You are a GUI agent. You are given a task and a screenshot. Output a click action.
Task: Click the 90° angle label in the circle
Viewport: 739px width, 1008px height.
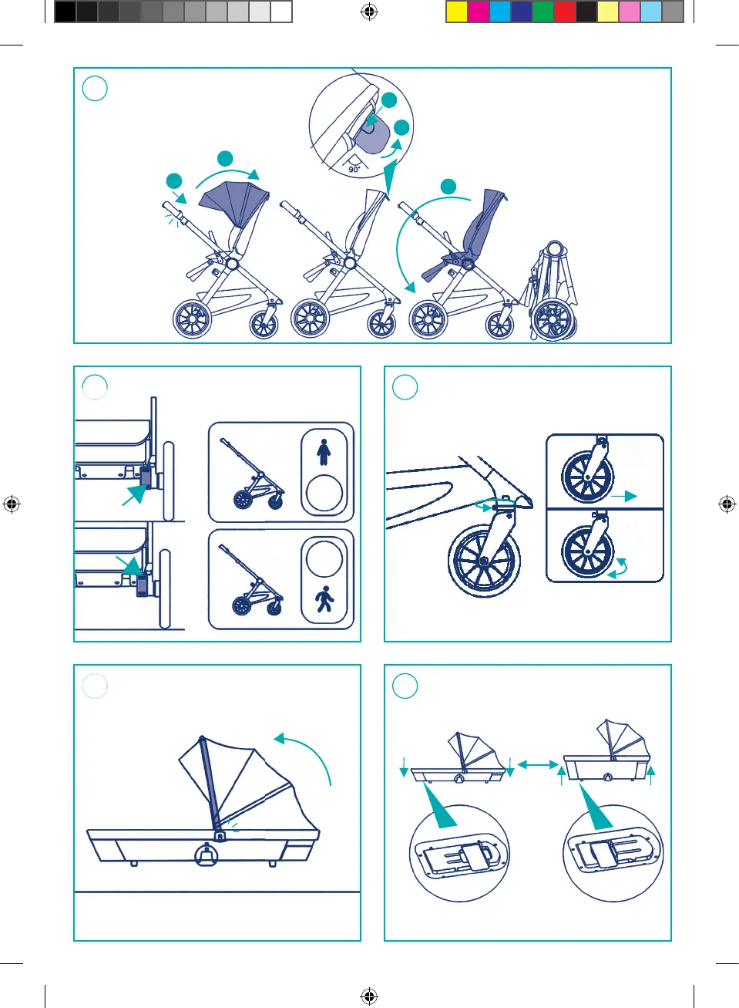pos(354,169)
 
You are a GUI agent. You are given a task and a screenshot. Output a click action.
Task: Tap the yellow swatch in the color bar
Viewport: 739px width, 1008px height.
pos(457,12)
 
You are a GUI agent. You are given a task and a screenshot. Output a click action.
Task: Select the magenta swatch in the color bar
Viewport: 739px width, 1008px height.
pos(479,12)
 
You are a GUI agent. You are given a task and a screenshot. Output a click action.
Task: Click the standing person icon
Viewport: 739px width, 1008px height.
pos(324,452)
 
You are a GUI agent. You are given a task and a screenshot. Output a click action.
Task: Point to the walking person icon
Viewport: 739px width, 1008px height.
pos(324,599)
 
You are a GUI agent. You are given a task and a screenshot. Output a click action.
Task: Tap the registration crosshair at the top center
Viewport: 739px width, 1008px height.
pos(369,12)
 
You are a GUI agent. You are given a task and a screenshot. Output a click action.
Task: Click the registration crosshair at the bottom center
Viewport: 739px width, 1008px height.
pos(369,996)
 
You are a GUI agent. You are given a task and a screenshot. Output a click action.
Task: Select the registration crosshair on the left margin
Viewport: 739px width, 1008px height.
pos(12,504)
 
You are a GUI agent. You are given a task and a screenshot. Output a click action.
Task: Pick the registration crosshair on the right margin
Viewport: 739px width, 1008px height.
pos(727,504)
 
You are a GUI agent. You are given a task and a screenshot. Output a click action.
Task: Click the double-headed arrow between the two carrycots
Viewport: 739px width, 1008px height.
pos(538,764)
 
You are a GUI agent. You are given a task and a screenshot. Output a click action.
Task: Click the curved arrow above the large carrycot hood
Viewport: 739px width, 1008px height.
pos(312,750)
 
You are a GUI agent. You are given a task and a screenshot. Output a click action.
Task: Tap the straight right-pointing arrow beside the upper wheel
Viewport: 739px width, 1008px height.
pos(624,496)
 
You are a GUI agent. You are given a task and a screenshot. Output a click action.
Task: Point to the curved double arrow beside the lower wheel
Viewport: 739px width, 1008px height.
pos(618,569)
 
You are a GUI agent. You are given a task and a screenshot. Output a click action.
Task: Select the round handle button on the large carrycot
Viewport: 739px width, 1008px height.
pos(207,854)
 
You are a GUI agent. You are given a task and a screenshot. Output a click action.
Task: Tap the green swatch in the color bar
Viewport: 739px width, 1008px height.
pos(543,12)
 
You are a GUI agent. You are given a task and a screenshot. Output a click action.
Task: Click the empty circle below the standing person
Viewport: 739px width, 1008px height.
pos(324,493)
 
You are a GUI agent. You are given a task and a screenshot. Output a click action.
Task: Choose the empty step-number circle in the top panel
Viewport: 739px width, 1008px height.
pos(95,88)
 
